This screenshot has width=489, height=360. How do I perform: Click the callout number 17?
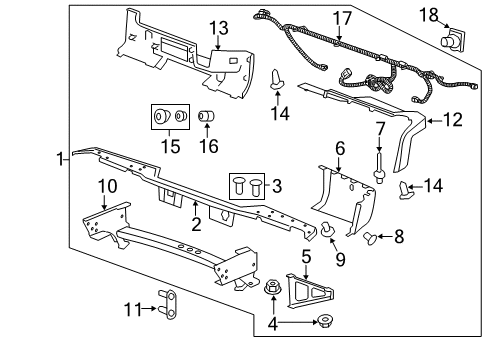pos(343,17)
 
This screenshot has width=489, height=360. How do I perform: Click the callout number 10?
pos(107,185)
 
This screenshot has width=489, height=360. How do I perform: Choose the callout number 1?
pos(62,158)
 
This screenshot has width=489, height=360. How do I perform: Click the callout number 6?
pos(340,148)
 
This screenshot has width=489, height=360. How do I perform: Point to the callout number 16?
pos(210,147)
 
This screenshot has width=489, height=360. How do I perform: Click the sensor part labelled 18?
pos(452,40)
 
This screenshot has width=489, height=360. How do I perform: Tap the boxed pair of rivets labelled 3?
pos(249,185)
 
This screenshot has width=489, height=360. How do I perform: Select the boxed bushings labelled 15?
pos(167,117)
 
